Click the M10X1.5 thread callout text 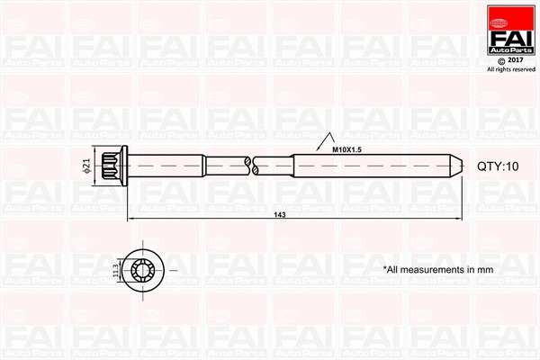pyautogui.click(x=346, y=148)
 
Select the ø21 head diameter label pyautogui.click(x=86, y=166)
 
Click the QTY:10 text pyautogui.click(x=498, y=166)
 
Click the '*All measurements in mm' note pyautogui.click(x=438, y=269)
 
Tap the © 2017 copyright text pyautogui.click(x=510, y=60)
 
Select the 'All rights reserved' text pyautogui.click(x=510, y=69)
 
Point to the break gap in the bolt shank pyautogui.click(x=251, y=166)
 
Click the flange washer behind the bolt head pyautogui.click(x=125, y=166)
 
